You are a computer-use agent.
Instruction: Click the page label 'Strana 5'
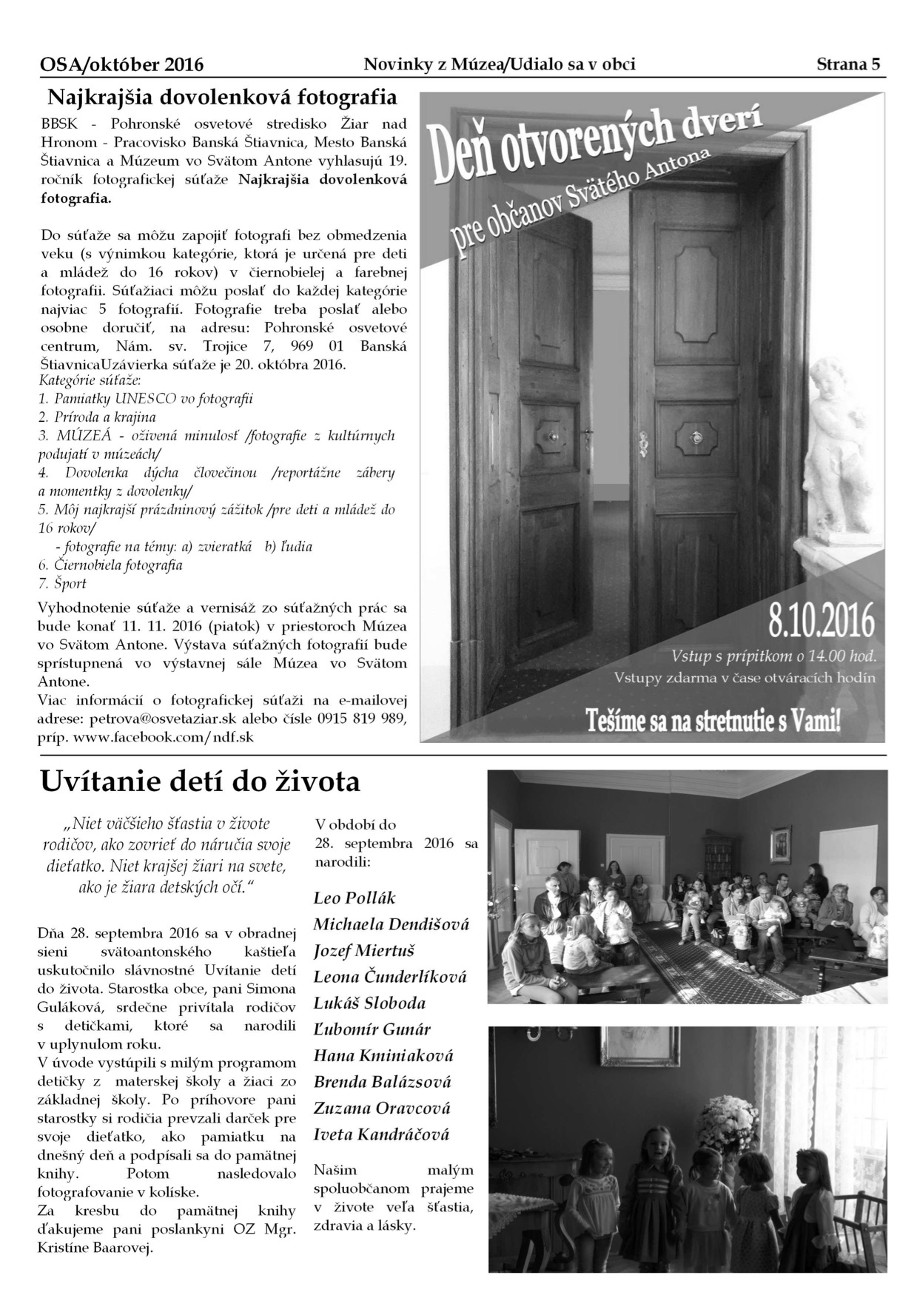(848, 64)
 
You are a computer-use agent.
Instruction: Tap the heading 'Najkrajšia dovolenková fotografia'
(222, 98)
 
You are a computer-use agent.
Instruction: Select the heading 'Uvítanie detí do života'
(200, 781)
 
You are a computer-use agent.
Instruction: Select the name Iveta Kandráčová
(381, 1134)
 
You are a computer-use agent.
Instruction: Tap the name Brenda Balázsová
(382, 1082)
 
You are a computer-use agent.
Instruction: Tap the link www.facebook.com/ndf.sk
(164, 737)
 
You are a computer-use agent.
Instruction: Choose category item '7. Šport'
(63, 584)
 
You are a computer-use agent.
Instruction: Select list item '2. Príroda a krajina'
(97, 417)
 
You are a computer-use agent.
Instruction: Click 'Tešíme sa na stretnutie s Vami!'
(712, 720)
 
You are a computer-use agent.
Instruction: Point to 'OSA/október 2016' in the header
(121, 65)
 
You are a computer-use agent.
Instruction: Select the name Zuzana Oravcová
(381, 1109)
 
